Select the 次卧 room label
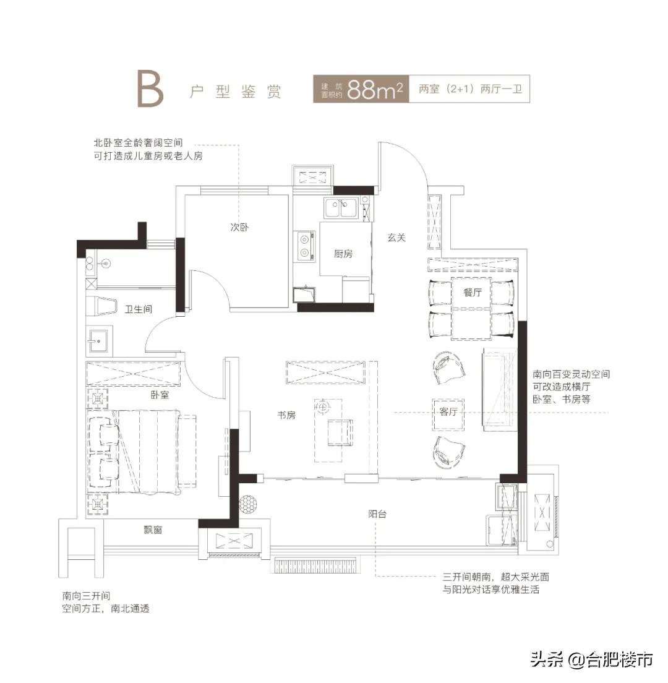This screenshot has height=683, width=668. [237, 228]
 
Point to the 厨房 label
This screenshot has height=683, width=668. [343, 254]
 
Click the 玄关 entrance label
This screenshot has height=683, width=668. [396, 237]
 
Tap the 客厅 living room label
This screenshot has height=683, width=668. [448, 412]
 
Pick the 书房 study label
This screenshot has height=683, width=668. [286, 415]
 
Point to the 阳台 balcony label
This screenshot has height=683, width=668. [377, 513]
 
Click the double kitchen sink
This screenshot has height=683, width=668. [340, 208]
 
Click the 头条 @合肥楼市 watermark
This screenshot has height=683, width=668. [591, 659]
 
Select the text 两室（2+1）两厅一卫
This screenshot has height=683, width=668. [470, 90]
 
